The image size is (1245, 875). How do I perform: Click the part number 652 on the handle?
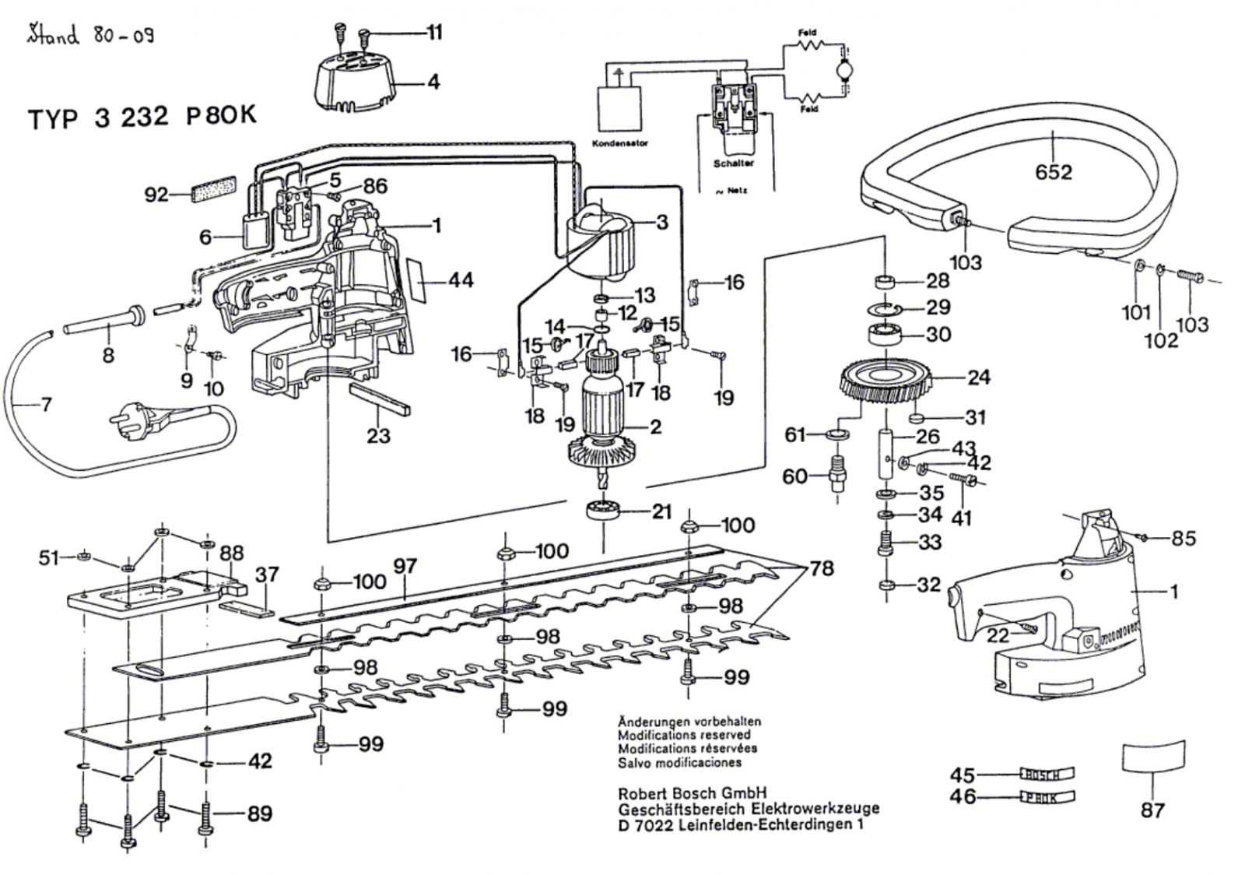pyautogui.click(x=1054, y=171)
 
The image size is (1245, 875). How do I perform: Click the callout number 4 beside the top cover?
pyautogui.click(x=433, y=81)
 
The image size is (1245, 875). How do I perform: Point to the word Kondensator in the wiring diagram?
pyautogui.click(x=620, y=144)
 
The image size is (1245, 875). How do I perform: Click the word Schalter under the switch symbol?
pyautogui.click(x=733, y=163)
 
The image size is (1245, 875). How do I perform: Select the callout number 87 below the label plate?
pyautogui.click(x=1152, y=810)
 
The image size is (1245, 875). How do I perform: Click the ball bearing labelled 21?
pyautogui.click(x=605, y=512)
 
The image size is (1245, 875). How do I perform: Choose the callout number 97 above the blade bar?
pyautogui.click(x=405, y=567)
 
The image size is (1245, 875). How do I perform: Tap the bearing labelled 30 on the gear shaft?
pyautogui.click(x=886, y=335)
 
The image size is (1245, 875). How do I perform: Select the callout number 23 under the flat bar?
pyautogui.click(x=378, y=434)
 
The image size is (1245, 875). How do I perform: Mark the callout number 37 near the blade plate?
pyautogui.click(x=266, y=575)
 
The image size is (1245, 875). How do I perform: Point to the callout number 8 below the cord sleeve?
pyautogui.click(x=108, y=356)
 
